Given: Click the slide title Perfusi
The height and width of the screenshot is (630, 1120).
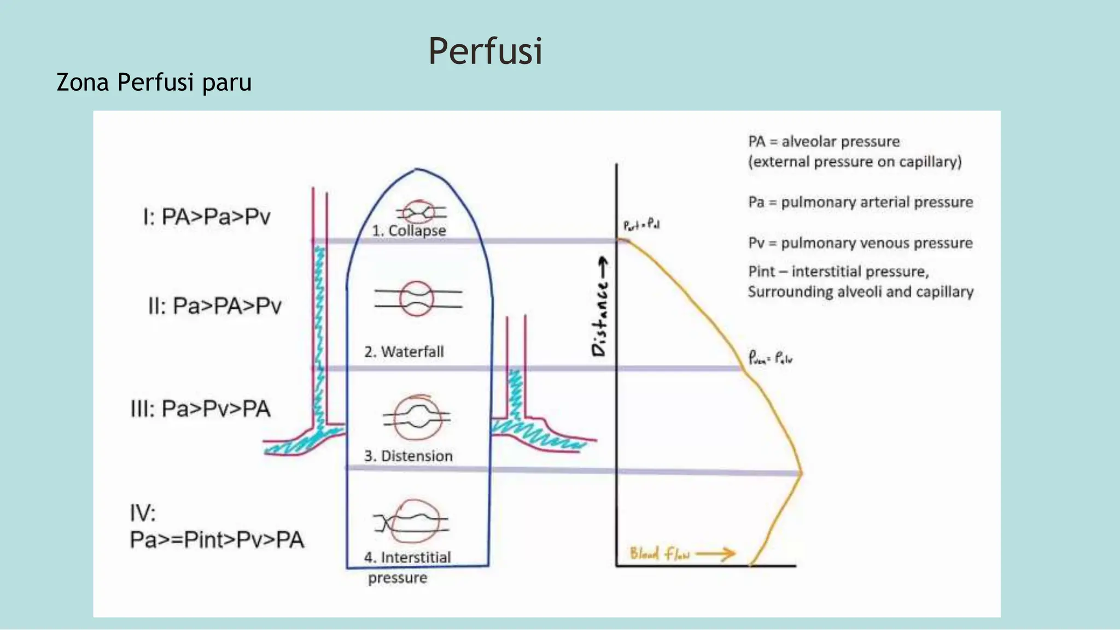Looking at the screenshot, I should [x=485, y=51].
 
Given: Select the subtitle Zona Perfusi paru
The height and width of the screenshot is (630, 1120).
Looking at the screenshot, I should [x=154, y=83].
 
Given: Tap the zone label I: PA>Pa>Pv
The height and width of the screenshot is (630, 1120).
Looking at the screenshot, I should [x=207, y=217].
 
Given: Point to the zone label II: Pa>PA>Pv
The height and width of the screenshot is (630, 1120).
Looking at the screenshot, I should [x=215, y=306].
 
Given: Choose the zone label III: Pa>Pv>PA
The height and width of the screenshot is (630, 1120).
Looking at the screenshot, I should [x=200, y=409].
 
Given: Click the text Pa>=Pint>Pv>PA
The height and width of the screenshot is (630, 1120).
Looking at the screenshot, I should [x=217, y=540].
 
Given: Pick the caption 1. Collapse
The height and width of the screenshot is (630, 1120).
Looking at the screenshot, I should [x=409, y=231].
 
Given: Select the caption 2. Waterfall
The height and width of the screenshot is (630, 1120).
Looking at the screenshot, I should [x=404, y=352].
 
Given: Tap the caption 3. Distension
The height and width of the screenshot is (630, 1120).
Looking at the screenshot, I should [x=409, y=456].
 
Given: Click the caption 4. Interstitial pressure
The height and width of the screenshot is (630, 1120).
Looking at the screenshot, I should [x=407, y=567].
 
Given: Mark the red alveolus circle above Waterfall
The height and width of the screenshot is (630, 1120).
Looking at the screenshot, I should [x=417, y=299].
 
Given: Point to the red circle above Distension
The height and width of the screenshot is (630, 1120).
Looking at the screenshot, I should [x=418, y=418].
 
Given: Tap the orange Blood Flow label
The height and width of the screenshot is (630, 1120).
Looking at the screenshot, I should [x=660, y=554].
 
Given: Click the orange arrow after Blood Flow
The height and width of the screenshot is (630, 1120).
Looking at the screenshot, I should [x=716, y=554].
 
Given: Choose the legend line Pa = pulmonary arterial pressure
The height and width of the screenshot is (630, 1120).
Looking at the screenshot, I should [x=860, y=202].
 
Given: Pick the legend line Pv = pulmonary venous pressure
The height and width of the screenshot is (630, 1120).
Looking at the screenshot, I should [x=860, y=243].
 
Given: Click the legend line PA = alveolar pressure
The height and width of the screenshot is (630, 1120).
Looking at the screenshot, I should [x=824, y=142].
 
